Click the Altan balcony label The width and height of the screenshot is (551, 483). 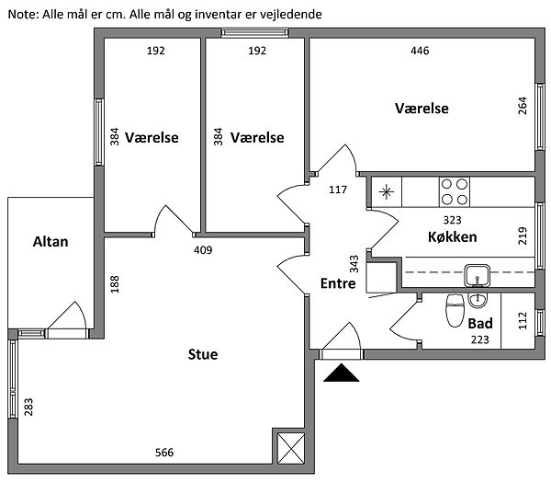(x=51, y=242)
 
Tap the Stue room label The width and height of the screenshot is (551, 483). (x=203, y=354)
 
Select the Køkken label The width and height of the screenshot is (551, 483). (x=452, y=236)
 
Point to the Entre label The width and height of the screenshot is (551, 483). (x=337, y=284)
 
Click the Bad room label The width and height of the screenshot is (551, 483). (x=480, y=325)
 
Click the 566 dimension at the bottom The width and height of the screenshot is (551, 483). (x=164, y=453)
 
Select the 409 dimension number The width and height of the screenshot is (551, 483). (x=203, y=249)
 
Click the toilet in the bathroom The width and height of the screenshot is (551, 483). (x=454, y=310)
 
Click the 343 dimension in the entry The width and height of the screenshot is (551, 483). (x=354, y=266)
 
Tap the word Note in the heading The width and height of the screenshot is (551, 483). (x=23, y=16)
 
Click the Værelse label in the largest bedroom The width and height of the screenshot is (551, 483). (x=422, y=109)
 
